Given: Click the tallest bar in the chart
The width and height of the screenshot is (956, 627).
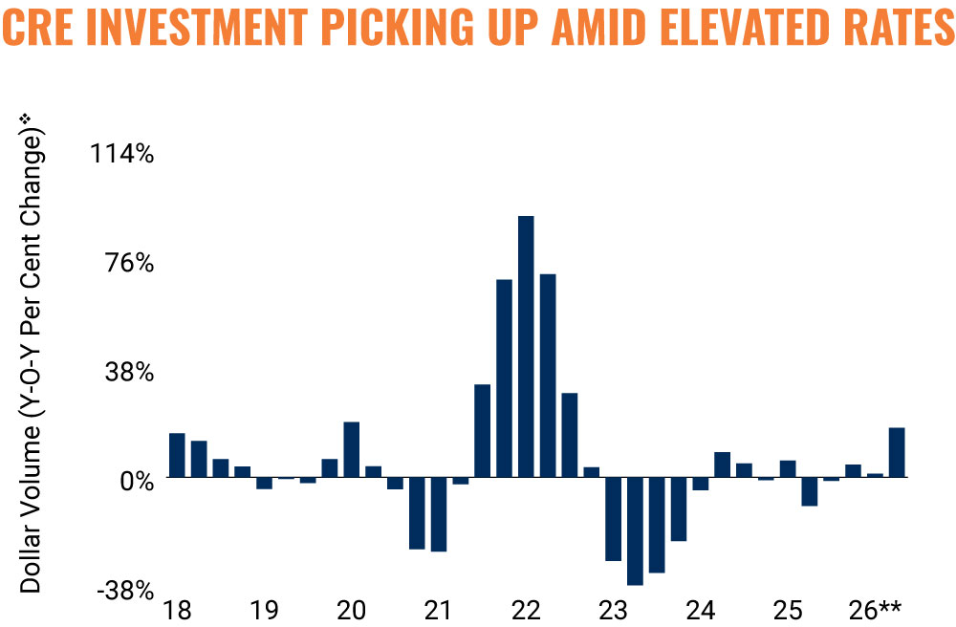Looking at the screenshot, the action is pos(526,346).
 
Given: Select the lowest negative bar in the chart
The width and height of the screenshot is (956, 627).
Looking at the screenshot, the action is pos(635,530).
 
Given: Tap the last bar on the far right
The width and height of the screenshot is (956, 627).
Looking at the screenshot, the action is pos(897,452).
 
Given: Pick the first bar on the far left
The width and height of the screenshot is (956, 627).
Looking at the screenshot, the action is pos(177,455).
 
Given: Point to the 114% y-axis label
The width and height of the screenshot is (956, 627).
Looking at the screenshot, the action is pos(122,154).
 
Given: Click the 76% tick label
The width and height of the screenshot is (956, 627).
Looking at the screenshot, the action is pos(129,263).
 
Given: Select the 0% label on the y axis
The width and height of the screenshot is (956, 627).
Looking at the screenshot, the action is pos(137,482).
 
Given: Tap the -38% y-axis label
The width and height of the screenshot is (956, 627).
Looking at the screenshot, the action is pos(125,591).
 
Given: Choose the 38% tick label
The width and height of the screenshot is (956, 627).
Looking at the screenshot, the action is pos(129,373).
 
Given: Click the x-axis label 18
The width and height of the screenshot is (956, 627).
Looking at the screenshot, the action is pos(177,610).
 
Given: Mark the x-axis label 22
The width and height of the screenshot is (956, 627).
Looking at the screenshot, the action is pos(526,610).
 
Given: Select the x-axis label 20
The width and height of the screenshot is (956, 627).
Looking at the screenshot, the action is pos(351,610).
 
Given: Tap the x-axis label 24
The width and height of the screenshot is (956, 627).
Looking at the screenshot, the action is pos(700,610).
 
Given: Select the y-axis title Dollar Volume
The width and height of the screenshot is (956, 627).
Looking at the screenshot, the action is pos(31,509).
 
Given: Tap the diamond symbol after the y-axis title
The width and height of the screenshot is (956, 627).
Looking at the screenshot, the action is pos(25,117).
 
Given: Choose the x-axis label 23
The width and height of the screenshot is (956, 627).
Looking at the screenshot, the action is pos(613,610).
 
